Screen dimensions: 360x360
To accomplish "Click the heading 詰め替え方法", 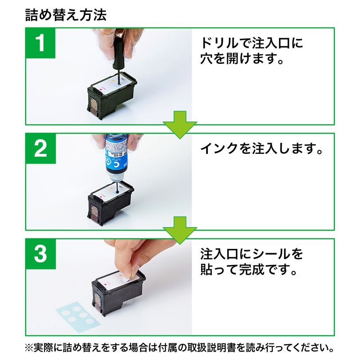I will [x=66, y=15].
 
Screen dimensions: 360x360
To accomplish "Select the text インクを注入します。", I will [x=261, y=148].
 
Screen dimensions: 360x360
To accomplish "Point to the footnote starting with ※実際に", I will [x=180, y=348].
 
